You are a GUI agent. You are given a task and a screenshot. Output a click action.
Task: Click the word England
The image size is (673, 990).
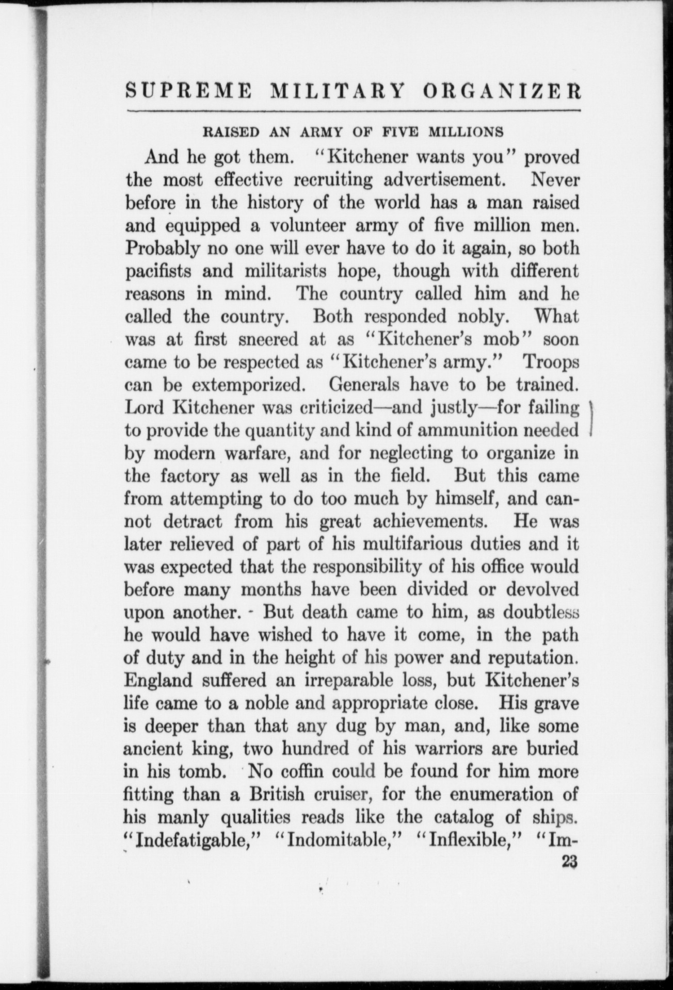pos(158,680)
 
